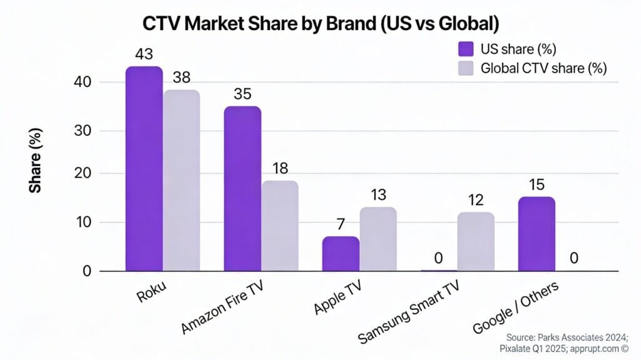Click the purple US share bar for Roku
(144, 169)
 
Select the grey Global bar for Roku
(181, 181)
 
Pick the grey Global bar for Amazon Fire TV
(279, 226)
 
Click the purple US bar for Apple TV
(341, 254)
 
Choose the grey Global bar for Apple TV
(377, 239)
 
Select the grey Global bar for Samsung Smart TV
(476, 242)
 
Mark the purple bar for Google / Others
(536, 234)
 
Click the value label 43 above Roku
(144, 54)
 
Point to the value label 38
(181, 78)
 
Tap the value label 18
(279, 169)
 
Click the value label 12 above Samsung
(476, 200)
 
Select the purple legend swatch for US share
(466, 49)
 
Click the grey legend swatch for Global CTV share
(466, 68)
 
